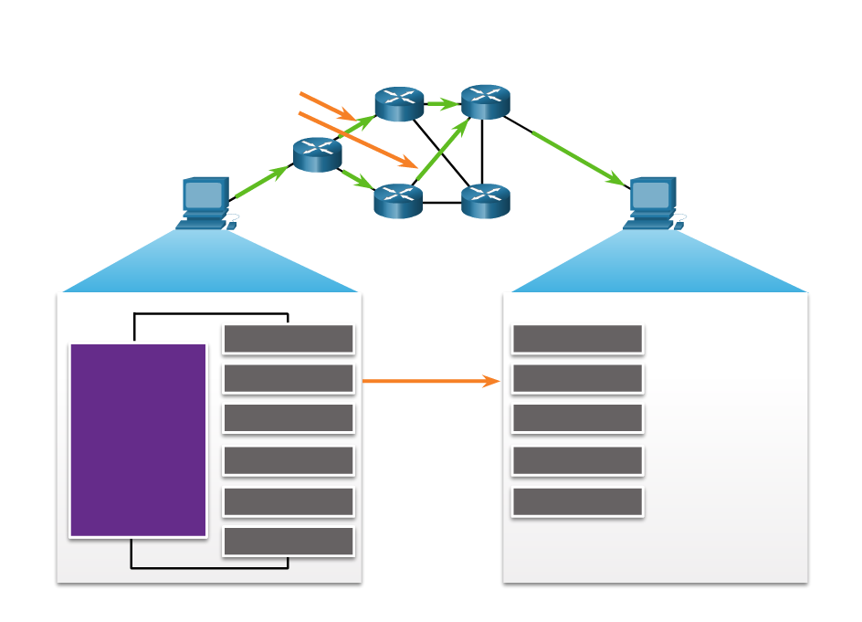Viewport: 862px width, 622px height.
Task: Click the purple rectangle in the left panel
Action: coord(138,440)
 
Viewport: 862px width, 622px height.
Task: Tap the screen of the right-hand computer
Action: coord(651,195)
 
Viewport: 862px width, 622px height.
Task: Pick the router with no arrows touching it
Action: coord(485,201)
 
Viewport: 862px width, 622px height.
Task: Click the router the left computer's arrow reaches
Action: coord(317,154)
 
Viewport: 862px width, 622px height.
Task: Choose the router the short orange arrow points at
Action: coord(399,104)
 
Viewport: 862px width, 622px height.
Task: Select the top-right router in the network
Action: coord(485,101)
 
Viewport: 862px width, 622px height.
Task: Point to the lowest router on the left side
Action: coord(397,201)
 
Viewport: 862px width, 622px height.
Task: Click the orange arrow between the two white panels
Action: coord(431,381)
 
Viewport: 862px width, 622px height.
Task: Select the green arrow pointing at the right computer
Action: coord(578,158)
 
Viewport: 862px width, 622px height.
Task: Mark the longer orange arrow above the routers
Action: coord(358,140)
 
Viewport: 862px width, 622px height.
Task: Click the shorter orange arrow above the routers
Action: coord(327,106)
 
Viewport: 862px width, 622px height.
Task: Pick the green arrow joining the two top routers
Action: coord(443,104)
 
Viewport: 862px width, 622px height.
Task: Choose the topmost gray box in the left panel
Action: coord(289,339)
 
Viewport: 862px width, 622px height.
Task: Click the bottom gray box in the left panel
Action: coord(289,541)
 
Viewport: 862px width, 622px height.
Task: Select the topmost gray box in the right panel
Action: coord(577,339)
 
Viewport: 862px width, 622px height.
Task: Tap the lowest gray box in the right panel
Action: coord(577,501)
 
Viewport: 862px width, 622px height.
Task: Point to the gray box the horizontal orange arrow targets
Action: coord(577,378)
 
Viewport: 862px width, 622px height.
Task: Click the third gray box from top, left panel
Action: coord(289,418)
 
